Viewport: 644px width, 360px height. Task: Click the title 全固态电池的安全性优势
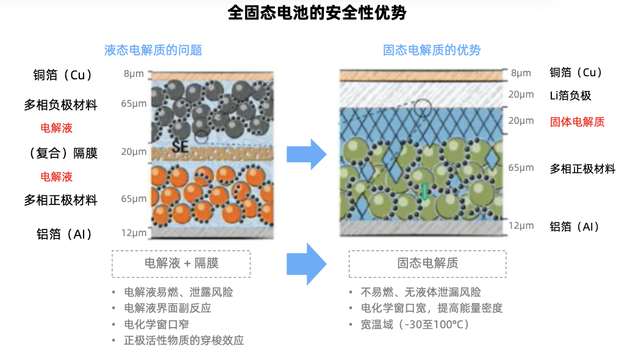[x=317, y=12]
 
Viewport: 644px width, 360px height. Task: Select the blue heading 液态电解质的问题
[x=153, y=50]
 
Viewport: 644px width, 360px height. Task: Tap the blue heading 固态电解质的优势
[x=432, y=50]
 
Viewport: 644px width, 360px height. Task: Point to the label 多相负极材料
[x=60, y=105]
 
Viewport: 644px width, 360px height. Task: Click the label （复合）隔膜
[x=63, y=153]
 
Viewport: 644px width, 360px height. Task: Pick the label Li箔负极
[x=570, y=96]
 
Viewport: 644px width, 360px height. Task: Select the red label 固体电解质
[x=577, y=122]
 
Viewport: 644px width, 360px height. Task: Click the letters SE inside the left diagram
[x=180, y=146]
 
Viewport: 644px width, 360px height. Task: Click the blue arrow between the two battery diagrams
[x=306, y=154]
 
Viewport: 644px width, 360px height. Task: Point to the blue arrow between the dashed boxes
[x=306, y=264]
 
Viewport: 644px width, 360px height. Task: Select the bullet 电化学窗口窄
[x=157, y=324]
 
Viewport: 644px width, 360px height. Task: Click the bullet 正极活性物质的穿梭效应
[x=184, y=340]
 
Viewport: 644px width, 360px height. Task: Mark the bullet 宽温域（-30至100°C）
[x=415, y=324]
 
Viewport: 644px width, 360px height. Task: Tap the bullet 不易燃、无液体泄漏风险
[x=421, y=292]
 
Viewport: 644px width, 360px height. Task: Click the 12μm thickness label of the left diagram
[x=134, y=233]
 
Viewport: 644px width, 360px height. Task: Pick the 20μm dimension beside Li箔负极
[x=521, y=95]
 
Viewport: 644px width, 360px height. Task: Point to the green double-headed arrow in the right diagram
[x=424, y=192]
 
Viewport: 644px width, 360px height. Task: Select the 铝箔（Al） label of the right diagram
[x=574, y=226]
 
